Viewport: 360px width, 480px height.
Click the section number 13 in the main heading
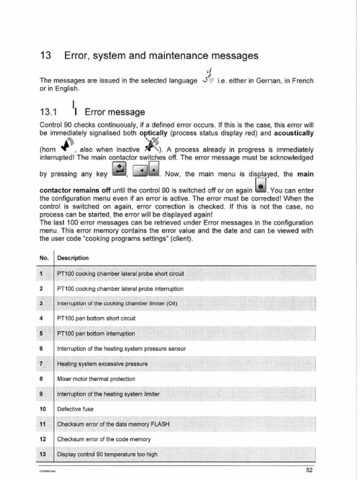45,56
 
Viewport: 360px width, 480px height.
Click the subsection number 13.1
48,112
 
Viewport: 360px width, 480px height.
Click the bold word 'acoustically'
293,133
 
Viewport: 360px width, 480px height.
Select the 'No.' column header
45,258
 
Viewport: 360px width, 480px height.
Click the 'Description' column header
73,258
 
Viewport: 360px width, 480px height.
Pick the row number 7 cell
42,364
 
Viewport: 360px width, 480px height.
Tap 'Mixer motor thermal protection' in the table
96,379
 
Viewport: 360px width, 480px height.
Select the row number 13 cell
42,454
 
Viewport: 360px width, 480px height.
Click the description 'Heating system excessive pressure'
102,364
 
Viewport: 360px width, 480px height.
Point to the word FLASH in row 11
159,424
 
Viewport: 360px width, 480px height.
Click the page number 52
309,470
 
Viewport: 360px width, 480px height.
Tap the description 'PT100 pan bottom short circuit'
96,318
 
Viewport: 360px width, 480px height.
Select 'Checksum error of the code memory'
104,439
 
